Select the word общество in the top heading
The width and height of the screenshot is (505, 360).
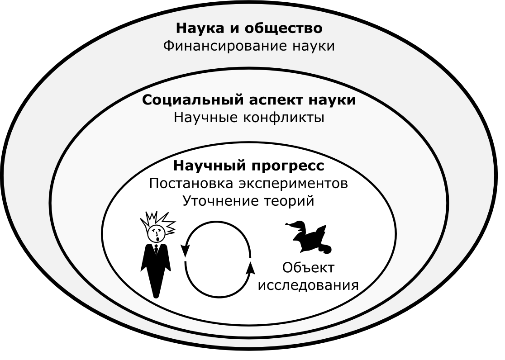(x=284, y=28)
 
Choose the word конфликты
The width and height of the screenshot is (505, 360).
(x=283, y=118)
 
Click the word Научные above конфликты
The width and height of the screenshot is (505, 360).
(x=206, y=118)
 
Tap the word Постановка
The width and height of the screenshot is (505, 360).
(x=191, y=184)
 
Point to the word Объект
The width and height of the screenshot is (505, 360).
(x=309, y=267)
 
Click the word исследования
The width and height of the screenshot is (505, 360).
(x=309, y=286)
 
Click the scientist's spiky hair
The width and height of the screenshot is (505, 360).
(x=158, y=222)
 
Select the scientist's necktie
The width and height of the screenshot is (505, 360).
(x=156, y=249)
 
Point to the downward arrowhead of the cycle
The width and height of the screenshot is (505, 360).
(x=185, y=250)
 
